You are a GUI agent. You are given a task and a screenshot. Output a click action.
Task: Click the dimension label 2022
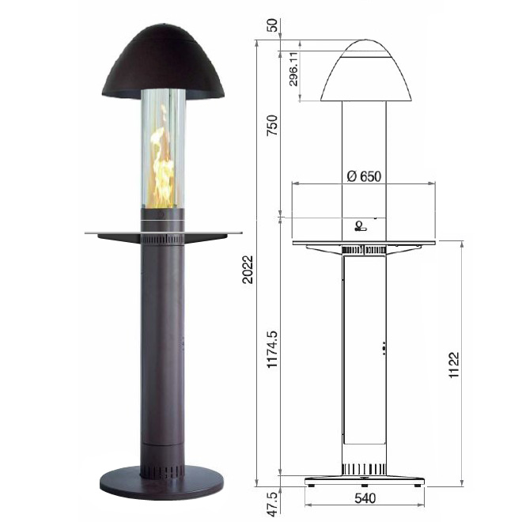pyautogui.click(x=248, y=270)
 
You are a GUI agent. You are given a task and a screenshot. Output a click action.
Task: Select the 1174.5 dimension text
pyautogui.click(x=272, y=350)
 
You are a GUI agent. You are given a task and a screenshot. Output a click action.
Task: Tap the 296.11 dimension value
pyautogui.click(x=293, y=69)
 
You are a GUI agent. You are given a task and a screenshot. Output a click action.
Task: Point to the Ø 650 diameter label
pyautogui.click(x=364, y=176)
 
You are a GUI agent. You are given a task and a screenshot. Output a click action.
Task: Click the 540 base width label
pyautogui.click(x=365, y=498)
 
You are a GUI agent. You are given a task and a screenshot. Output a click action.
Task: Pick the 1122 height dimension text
pyautogui.click(x=454, y=365)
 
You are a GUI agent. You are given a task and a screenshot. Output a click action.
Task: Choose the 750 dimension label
pyautogui.click(x=272, y=125)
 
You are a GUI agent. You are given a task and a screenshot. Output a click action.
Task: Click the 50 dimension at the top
pyautogui.click(x=272, y=25)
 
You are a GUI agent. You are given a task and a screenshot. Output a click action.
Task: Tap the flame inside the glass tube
pyautogui.click(x=162, y=163)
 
